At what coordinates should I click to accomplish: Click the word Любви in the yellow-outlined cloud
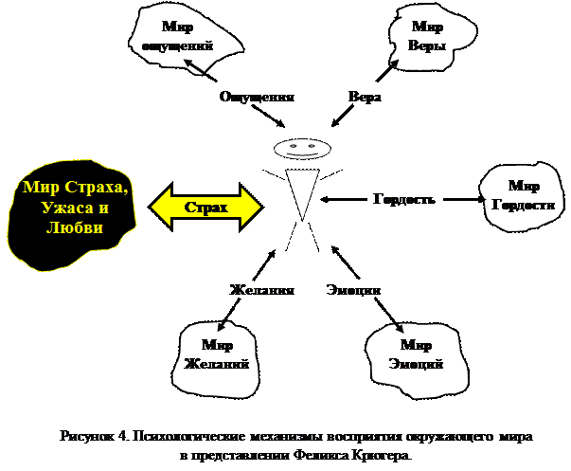coord(72,228)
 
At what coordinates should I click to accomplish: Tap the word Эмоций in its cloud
coord(416,364)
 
